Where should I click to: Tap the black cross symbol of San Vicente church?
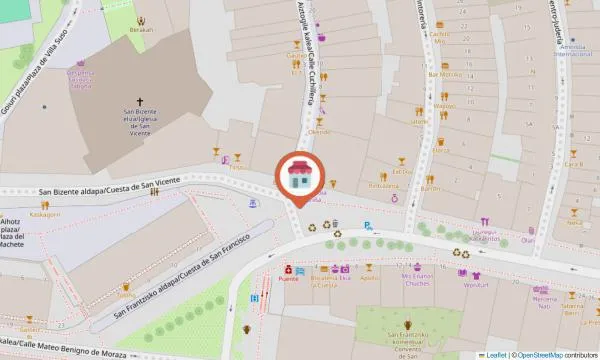tap(140, 101)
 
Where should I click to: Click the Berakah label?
tap(141, 30)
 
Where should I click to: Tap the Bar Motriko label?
tap(444, 74)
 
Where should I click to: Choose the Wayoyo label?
tap(444, 105)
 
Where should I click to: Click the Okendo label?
tap(318, 132)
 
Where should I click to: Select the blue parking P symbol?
tap(368, 225)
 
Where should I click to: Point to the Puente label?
tap(288, 280)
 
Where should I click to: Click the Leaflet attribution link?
tap(495, 354)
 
